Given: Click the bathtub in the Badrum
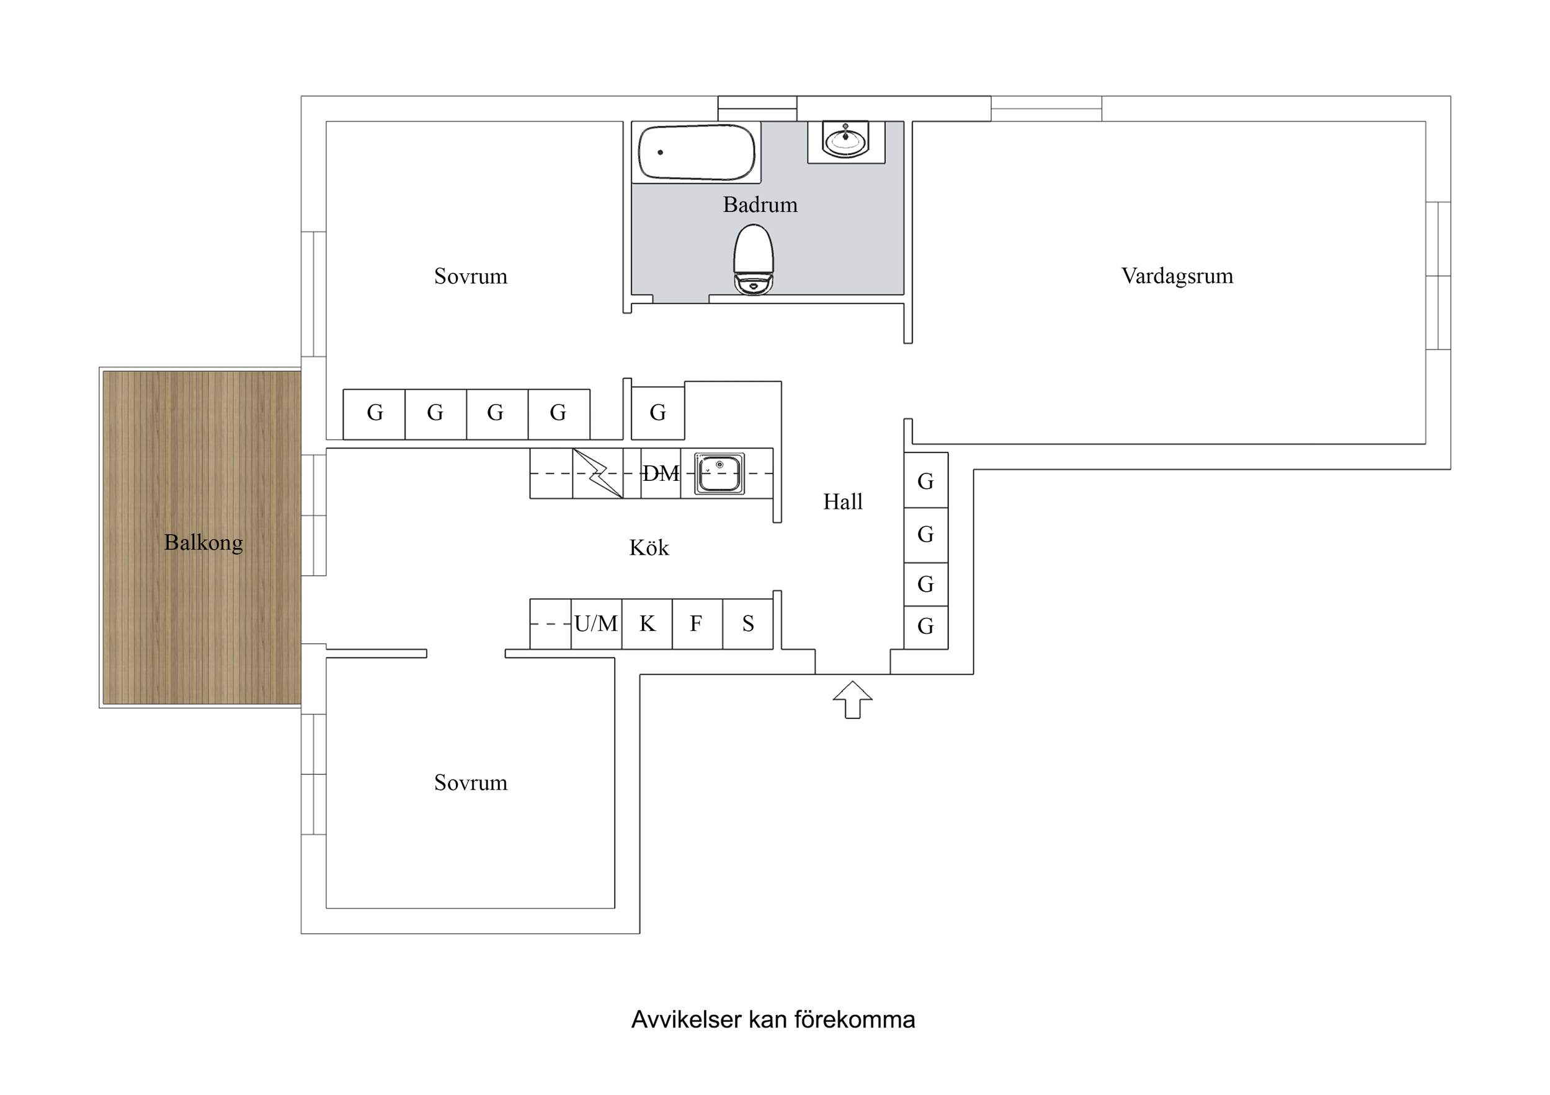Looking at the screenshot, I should point(696,152).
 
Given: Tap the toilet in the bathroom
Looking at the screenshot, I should point(754,260).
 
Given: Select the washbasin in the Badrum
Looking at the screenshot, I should point(846,139).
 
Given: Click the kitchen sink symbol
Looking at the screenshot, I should point(719,473).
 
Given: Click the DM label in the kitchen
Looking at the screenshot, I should point(660,473).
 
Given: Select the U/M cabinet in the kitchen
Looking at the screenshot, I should point(595,624).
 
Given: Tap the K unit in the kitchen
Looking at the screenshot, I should point(647,624).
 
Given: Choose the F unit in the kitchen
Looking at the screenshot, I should point(697,624).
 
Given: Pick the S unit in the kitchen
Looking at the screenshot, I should point(747,624).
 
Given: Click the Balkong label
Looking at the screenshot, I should point(203,542).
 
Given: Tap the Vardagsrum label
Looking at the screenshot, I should point(1177,276).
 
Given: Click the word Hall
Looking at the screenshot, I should point(842,502).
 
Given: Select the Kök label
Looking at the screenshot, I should point(649,548).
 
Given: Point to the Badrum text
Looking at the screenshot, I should point(760,204).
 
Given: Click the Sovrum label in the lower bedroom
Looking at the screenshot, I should point(471,783).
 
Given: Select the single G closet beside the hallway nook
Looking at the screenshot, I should point(657,413).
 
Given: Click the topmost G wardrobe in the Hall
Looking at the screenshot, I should point(925,481).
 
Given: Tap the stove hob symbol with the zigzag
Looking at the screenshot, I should point(597,473).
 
